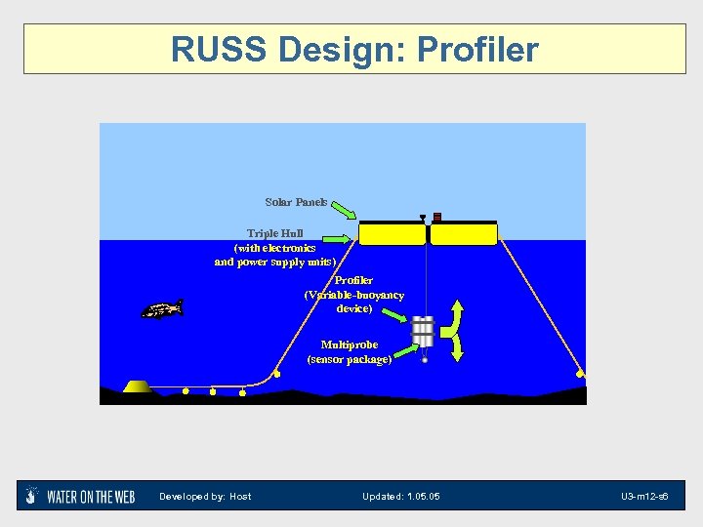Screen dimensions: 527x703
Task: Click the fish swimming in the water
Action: (161, 310)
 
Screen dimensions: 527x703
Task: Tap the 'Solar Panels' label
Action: (296, 202)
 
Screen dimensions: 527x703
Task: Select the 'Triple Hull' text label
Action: (274, 233)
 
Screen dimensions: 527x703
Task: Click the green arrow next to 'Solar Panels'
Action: (342, 210)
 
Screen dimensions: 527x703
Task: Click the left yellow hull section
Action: (392, 233)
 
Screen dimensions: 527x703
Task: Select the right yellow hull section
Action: (464, 233)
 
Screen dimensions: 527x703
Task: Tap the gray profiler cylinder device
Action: (423, 331)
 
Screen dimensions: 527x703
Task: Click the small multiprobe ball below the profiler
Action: (425, 360)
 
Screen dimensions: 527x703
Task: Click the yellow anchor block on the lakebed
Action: (138, 386)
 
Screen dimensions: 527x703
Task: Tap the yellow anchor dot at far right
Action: (580, 373)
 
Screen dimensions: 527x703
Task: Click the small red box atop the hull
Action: (437, 217)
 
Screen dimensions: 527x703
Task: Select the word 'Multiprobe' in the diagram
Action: (349, 345)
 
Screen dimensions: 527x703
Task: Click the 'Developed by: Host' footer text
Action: (205, 497)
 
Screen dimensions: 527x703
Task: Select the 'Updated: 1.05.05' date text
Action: (400, 497)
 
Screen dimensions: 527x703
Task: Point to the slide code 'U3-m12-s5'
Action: (644, 497)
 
